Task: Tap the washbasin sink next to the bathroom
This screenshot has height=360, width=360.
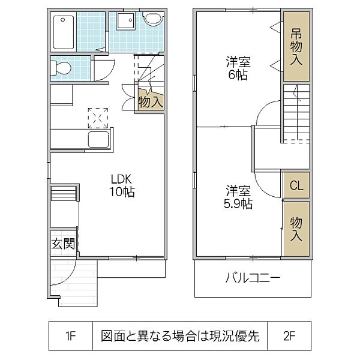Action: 125,22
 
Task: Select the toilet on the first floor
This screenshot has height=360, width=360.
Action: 61,69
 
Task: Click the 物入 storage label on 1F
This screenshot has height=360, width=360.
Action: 150,101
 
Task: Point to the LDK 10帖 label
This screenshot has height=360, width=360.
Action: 122,185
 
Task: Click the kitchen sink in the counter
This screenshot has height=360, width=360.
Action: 98,140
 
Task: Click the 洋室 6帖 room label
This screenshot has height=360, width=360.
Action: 238,68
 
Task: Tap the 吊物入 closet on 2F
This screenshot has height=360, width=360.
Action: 296,47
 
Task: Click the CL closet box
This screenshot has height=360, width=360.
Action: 296,185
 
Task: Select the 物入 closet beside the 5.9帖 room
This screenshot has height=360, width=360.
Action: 296,229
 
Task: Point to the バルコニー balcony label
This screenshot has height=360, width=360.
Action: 253,278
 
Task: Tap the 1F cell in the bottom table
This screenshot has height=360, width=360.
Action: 70,335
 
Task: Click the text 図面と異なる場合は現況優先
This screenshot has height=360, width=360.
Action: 180,335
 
